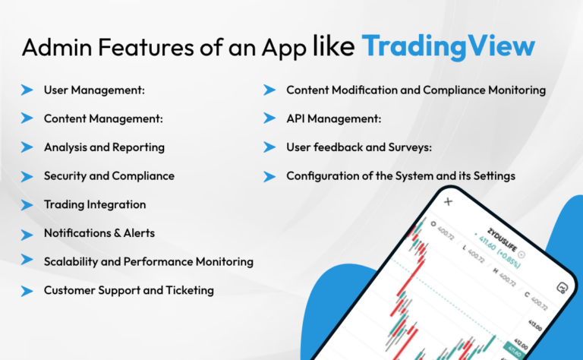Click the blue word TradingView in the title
[x=448, y=46]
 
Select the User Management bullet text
[x=94, y=90]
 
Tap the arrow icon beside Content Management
[x=27, y=118]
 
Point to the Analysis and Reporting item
[x=104, y=147]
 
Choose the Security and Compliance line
[x=109, y=176]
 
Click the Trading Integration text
[x=95, y=204]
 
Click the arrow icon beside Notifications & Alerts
[x=27, y=233]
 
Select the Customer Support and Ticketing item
[x=128, y=290]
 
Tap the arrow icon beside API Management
[x=269, y=118]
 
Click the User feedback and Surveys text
[x=358, y=147]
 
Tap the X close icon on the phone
[x=448, y=202]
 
